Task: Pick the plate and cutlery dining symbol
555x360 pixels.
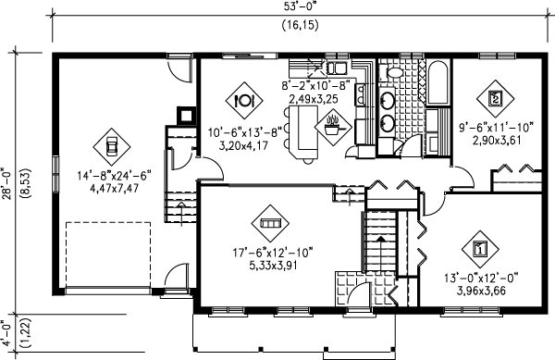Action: [246, 99]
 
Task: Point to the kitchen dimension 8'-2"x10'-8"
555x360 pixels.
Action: [312, 86]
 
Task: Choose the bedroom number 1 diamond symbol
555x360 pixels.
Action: [481, 248]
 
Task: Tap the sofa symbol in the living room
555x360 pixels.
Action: [270, 223]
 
